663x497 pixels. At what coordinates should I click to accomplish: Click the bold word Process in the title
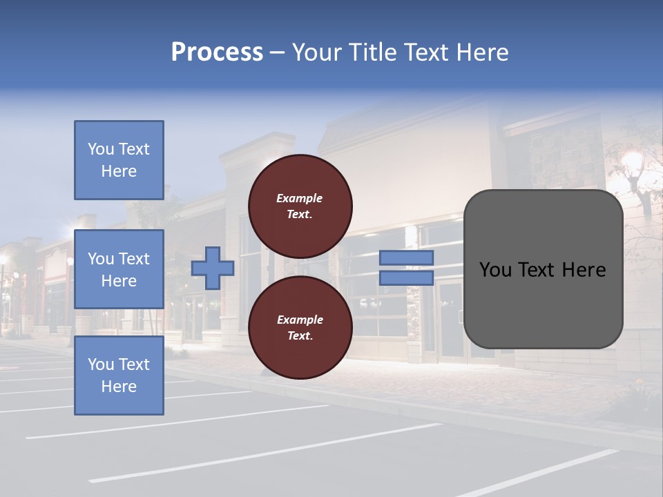coord(217,52)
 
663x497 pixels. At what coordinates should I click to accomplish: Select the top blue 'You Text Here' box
coord(119,160)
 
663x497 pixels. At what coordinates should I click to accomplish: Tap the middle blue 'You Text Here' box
coord(119,269)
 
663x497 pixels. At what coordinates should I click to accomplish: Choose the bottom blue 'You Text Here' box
coord(119,376)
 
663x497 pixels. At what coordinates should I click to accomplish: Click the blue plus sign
coord(213,268)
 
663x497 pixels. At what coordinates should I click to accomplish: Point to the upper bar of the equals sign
coord(406,257)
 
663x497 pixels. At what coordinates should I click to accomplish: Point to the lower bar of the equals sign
coord(406,277)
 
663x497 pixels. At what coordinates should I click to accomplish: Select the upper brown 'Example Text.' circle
coord(300,206)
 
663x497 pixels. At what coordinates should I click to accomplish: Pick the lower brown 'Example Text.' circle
coord(300,327)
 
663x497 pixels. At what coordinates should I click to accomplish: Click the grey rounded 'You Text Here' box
coord(543,269)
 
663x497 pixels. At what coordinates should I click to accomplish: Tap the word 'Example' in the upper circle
coord(300,198)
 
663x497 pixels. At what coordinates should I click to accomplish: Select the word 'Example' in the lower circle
coord(300,320)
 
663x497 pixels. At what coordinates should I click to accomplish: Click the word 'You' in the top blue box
coord(101,149)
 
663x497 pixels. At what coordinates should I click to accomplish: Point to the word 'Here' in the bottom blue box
coord(119,387)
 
